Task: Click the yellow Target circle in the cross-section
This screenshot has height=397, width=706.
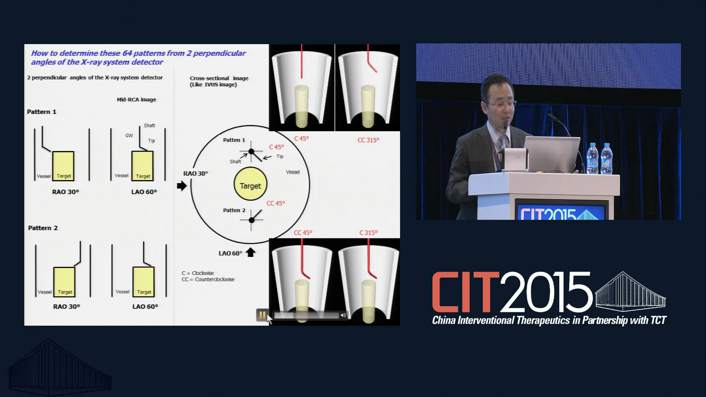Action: click(250, 184)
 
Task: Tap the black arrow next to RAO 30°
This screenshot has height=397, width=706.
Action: click(182, 186)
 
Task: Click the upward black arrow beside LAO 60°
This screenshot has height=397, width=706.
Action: click(250, 252)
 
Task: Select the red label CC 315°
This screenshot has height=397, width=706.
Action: click(368, 140)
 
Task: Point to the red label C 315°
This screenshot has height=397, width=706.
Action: click(368, 233)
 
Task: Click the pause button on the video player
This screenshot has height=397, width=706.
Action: click(262, 315)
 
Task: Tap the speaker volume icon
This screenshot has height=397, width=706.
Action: click(343, 315)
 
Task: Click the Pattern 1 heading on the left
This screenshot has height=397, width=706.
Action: click(42, 112)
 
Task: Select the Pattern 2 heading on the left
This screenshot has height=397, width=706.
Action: click(43, 228)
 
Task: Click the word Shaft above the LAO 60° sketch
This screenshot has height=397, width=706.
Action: click(149, 126)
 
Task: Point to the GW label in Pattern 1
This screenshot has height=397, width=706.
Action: click(129, 136)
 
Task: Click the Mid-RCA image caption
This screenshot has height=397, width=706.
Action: click(136, 100)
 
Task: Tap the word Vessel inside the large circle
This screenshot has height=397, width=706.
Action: click(293, 172)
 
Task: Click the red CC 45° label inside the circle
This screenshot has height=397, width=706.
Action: click(276, 203)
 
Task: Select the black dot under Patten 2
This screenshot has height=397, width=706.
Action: click(252, 220)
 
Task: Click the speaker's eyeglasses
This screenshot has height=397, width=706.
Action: click(502, 104)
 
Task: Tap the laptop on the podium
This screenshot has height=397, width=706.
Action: click(552, 154)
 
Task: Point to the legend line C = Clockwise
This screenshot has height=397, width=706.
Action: click(197, 273)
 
